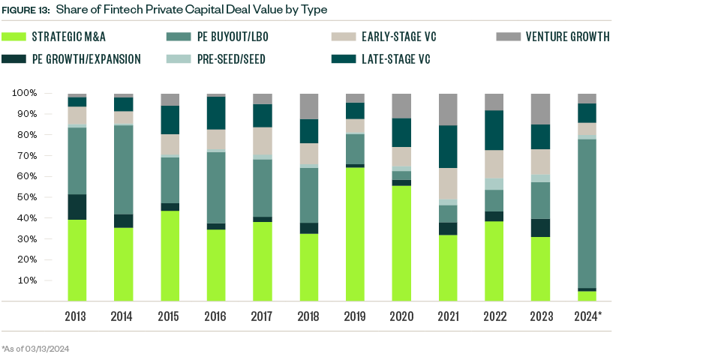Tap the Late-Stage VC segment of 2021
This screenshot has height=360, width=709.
coord(447,146)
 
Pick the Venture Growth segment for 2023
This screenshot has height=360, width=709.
coord(540,109)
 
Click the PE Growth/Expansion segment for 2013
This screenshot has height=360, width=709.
coord(77,207)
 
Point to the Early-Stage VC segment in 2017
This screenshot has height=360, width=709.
coord(262,141)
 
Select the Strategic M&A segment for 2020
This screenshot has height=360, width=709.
coord(401,244)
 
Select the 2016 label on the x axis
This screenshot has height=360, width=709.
coord(215,317)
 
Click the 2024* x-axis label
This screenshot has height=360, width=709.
coord(587,317)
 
